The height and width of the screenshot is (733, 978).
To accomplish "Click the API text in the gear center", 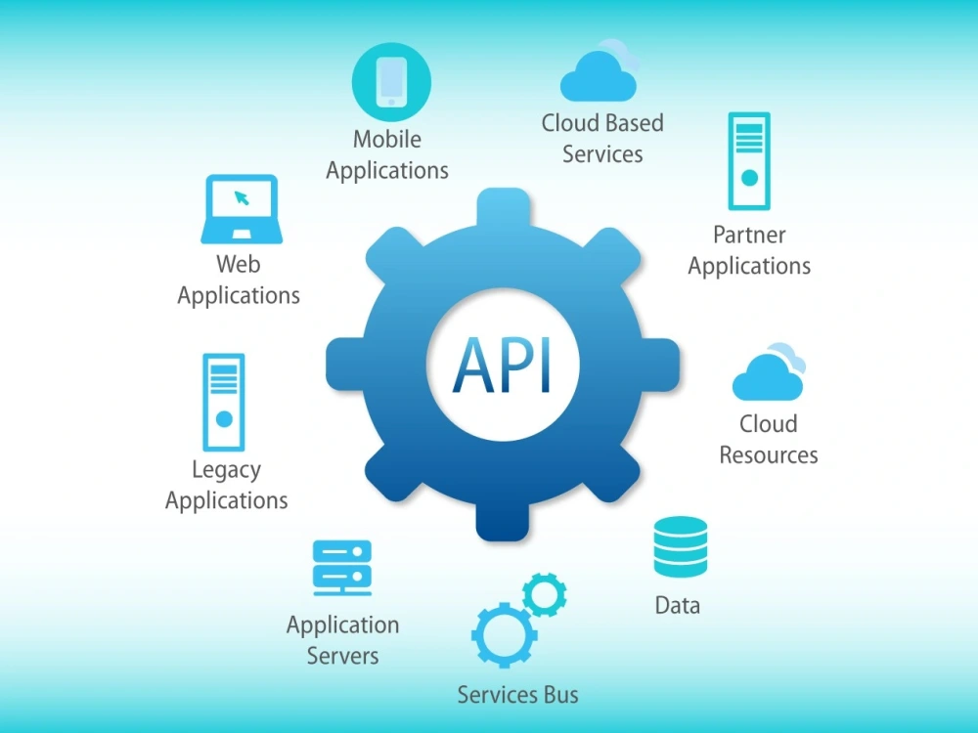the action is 502,366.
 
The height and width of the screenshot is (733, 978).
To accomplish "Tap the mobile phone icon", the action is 392,82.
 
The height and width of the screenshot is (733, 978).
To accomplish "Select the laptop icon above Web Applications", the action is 242,209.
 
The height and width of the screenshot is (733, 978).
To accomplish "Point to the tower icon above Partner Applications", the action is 749,161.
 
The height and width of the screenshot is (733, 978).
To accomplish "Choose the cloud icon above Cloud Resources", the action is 769,371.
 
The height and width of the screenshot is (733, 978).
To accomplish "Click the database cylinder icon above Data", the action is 681,546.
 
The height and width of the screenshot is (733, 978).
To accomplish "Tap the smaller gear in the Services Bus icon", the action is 545,594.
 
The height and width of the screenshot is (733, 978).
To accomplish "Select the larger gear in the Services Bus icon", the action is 505,635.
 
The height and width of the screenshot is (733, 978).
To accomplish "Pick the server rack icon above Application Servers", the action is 341,568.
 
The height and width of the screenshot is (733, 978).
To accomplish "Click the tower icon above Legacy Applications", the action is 224,402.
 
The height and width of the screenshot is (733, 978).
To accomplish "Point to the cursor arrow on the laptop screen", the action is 242,198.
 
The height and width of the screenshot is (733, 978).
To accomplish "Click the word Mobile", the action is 386,139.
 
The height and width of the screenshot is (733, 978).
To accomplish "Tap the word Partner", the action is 749,235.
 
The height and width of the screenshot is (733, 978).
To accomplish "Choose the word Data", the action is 678,605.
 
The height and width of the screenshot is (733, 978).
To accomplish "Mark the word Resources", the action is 769,455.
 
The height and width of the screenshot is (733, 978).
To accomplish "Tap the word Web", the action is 239,264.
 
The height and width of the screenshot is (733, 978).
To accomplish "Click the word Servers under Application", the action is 342,656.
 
